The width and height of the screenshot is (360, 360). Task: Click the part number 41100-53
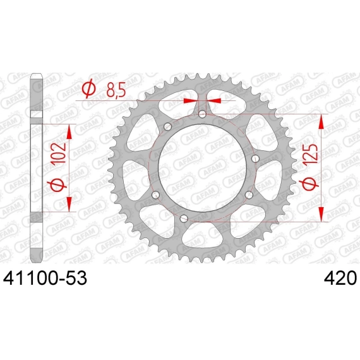(x=45, y=278)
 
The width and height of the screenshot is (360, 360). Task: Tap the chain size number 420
(x=340, y=278)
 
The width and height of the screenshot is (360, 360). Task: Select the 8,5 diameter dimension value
(x=116, y=90)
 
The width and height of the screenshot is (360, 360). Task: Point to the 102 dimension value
(x=59, y=154)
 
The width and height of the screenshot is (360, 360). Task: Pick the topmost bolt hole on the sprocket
(x=202, y=114)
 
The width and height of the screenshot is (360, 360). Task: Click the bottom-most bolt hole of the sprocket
(x=184, y=219)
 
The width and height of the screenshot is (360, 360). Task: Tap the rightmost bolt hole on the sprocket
(x=255, y=159)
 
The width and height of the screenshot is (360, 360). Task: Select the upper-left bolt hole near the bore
(x=168, y=126)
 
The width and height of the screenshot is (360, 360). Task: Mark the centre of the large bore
(x=202, y=168)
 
